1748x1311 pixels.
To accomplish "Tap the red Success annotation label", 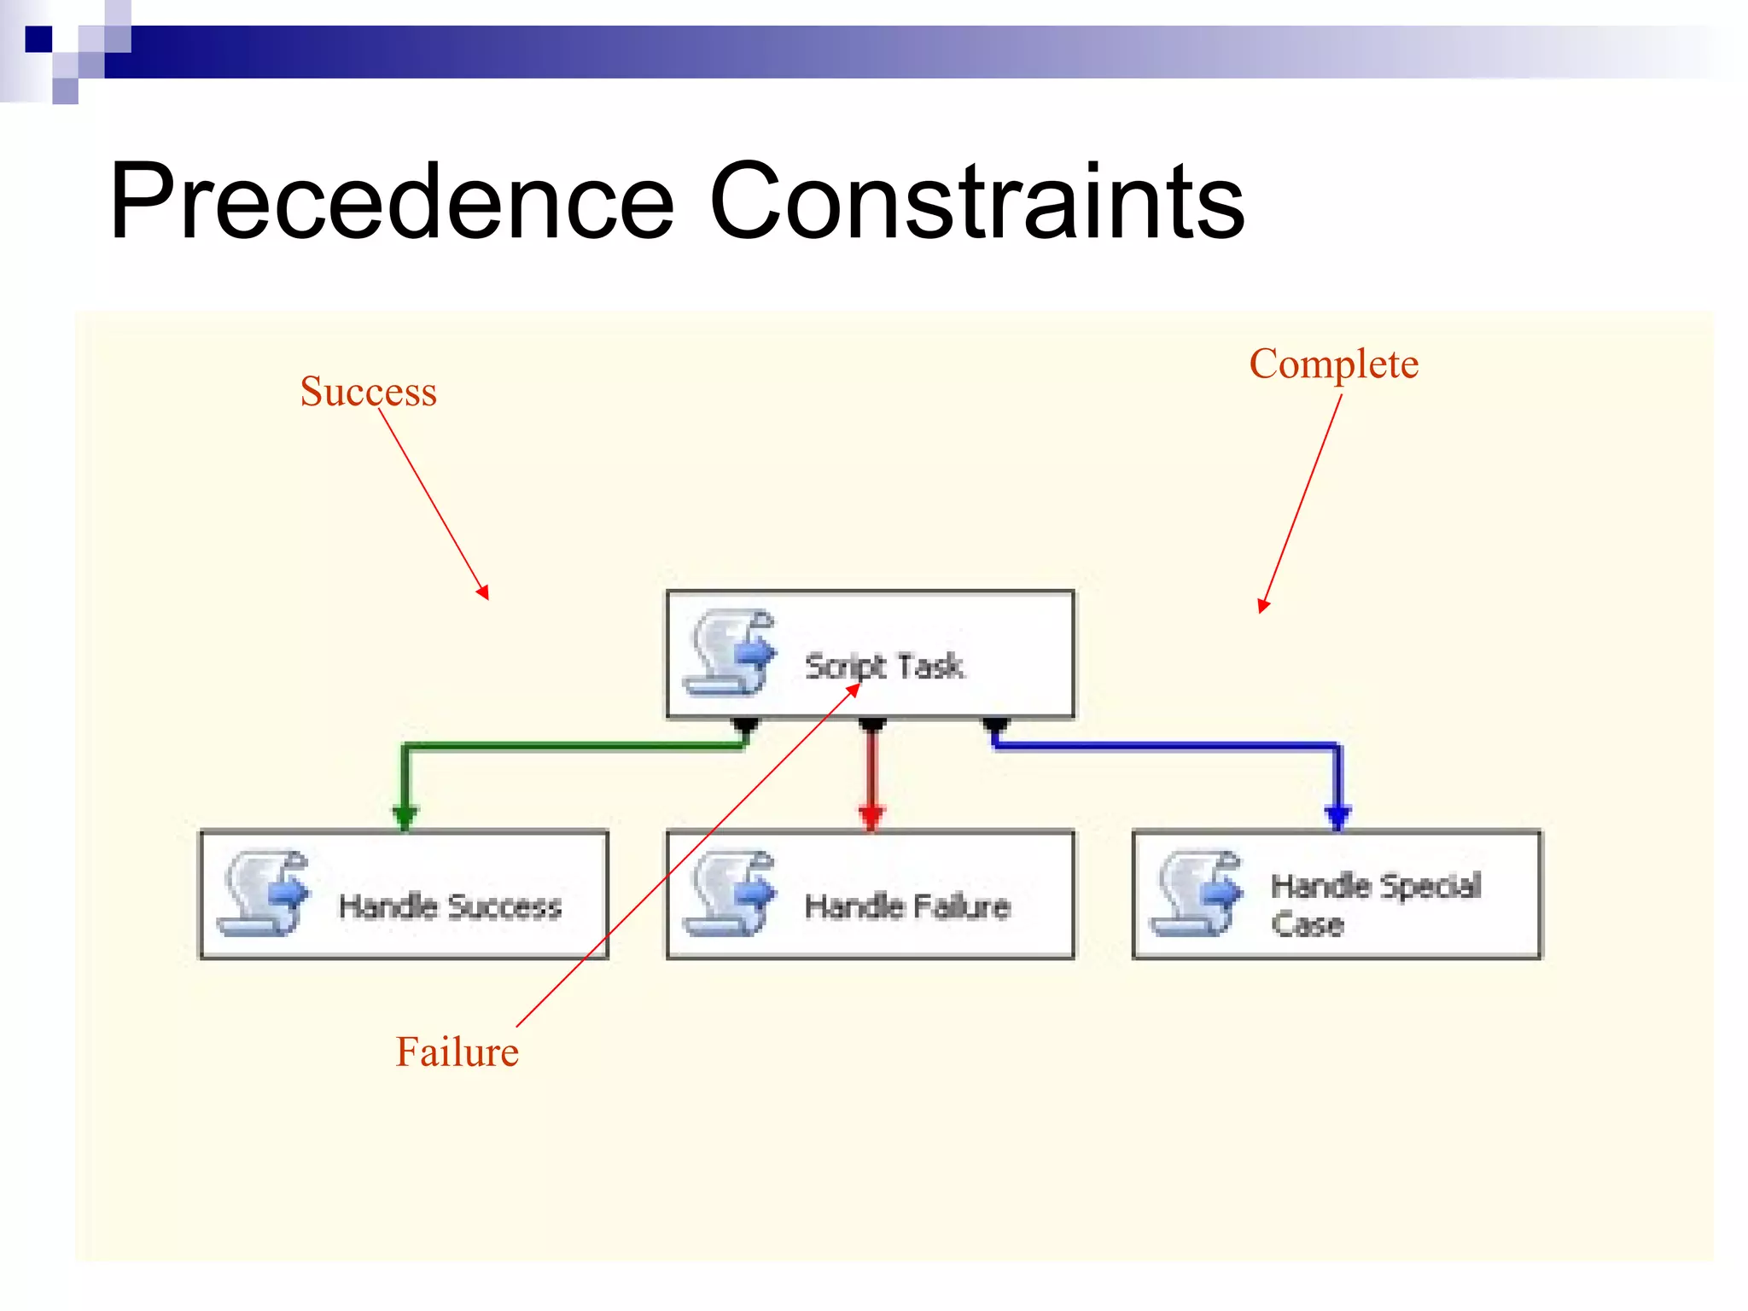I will click(368, 392).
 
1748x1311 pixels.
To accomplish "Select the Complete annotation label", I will click(1333, 364).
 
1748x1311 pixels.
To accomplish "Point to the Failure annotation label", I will click(457, 1052).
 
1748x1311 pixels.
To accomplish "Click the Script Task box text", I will click(884, 666).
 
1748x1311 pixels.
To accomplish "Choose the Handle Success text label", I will click(450, 906).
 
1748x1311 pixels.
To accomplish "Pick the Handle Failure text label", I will click(907, 906).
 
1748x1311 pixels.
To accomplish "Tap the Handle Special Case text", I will click(1374, 903).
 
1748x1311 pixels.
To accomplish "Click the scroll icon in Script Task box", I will click(731, 653).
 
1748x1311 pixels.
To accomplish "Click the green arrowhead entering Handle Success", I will click(405, 817).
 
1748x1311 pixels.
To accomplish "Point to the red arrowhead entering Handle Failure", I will click(871, 817).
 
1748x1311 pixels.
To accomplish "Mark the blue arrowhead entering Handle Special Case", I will click(1337, 817).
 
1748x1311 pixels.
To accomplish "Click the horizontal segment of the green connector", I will click(572, 747).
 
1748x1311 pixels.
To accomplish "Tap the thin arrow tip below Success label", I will click(485, 594).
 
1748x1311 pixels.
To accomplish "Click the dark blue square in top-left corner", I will click(38, 39).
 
